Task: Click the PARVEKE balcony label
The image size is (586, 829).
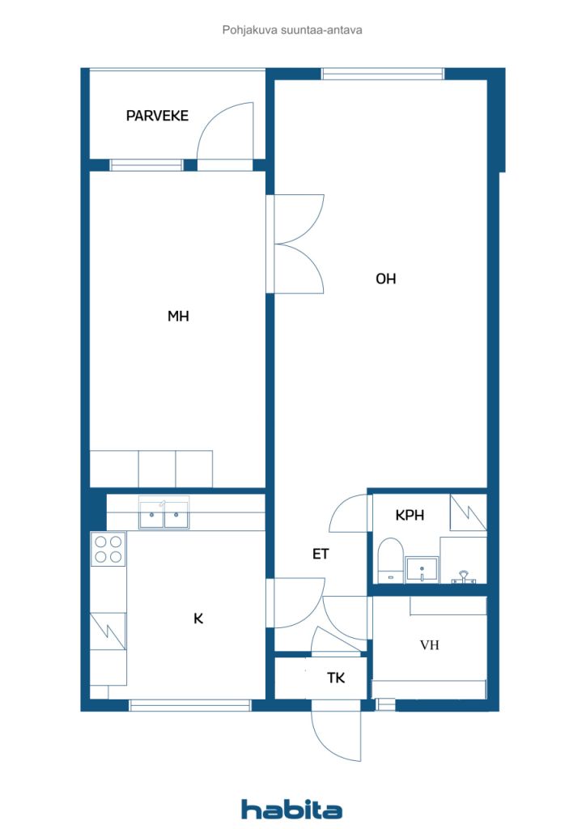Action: point(157,116)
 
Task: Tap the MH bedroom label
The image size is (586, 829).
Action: point(178,317)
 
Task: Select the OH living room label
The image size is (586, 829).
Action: point(385,278)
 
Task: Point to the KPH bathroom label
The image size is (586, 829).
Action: point(410,515)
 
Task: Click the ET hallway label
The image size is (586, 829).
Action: point(321,555)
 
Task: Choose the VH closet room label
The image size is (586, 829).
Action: point(429,645)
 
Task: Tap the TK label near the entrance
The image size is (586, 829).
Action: point(336,678)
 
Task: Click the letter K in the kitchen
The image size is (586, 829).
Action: point(197,619)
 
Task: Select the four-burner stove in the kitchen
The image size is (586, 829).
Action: point(108,548)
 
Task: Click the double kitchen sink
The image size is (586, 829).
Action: point(163,513)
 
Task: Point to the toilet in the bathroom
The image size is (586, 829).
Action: point(390,559)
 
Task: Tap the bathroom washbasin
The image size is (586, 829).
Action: point(421,569)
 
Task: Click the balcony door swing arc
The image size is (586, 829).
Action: point(223,130)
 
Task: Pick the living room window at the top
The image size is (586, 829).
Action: point(383,74)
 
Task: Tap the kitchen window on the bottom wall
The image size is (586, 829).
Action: point(190,705)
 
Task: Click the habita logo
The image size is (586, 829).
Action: point(291,809)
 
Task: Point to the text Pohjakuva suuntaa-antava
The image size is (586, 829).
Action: point(292,30)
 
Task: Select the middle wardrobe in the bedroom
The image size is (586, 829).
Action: point(157,469)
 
